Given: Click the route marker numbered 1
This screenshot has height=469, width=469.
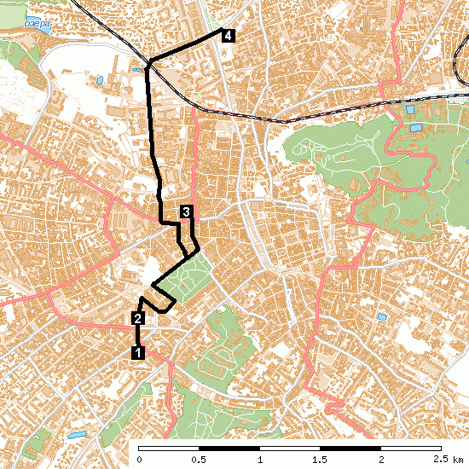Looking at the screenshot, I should coord(137,350).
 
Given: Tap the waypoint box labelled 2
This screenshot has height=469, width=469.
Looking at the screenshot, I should coord(137,319).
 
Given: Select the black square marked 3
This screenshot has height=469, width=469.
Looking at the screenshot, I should coord(186,211).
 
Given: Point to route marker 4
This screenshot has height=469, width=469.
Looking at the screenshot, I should coord(228,35).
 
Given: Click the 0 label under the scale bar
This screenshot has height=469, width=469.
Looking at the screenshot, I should coord(139,460).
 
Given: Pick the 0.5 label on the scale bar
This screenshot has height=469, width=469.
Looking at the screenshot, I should coord(199,460).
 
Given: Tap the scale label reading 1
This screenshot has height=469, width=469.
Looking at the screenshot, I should coord(259,460).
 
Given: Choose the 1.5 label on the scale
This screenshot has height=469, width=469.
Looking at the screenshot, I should coord(319,460).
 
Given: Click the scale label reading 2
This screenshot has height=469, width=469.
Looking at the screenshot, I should coord(379,460).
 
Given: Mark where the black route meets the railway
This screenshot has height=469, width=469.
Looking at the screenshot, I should coord(148,65).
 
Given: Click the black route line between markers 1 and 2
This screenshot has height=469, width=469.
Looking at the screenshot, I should coord(137,335).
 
